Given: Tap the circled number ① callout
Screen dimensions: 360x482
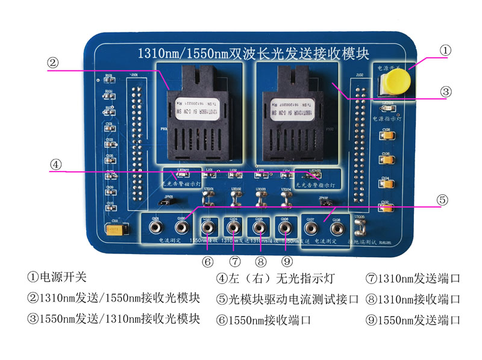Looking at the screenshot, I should (445, 51).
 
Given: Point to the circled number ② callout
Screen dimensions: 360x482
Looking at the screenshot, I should (54, 61).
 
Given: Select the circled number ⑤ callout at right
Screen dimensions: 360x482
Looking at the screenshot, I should (442, 200).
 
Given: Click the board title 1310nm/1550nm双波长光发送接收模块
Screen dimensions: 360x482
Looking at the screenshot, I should (253, 52).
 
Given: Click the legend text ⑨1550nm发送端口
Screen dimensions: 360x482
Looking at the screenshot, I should (413, 320).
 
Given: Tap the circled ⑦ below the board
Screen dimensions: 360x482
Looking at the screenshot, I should (235, 261).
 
